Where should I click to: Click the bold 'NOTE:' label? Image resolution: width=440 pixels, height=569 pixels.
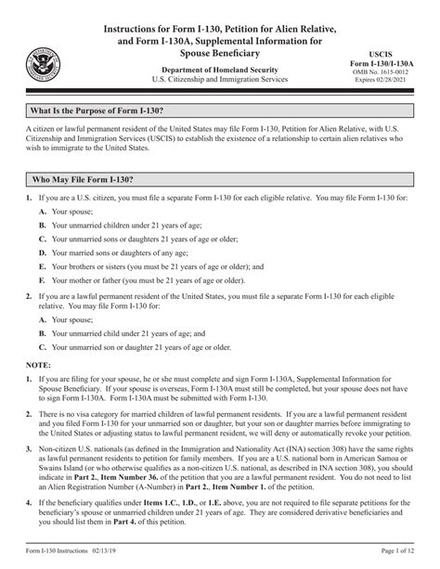point(37,366)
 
